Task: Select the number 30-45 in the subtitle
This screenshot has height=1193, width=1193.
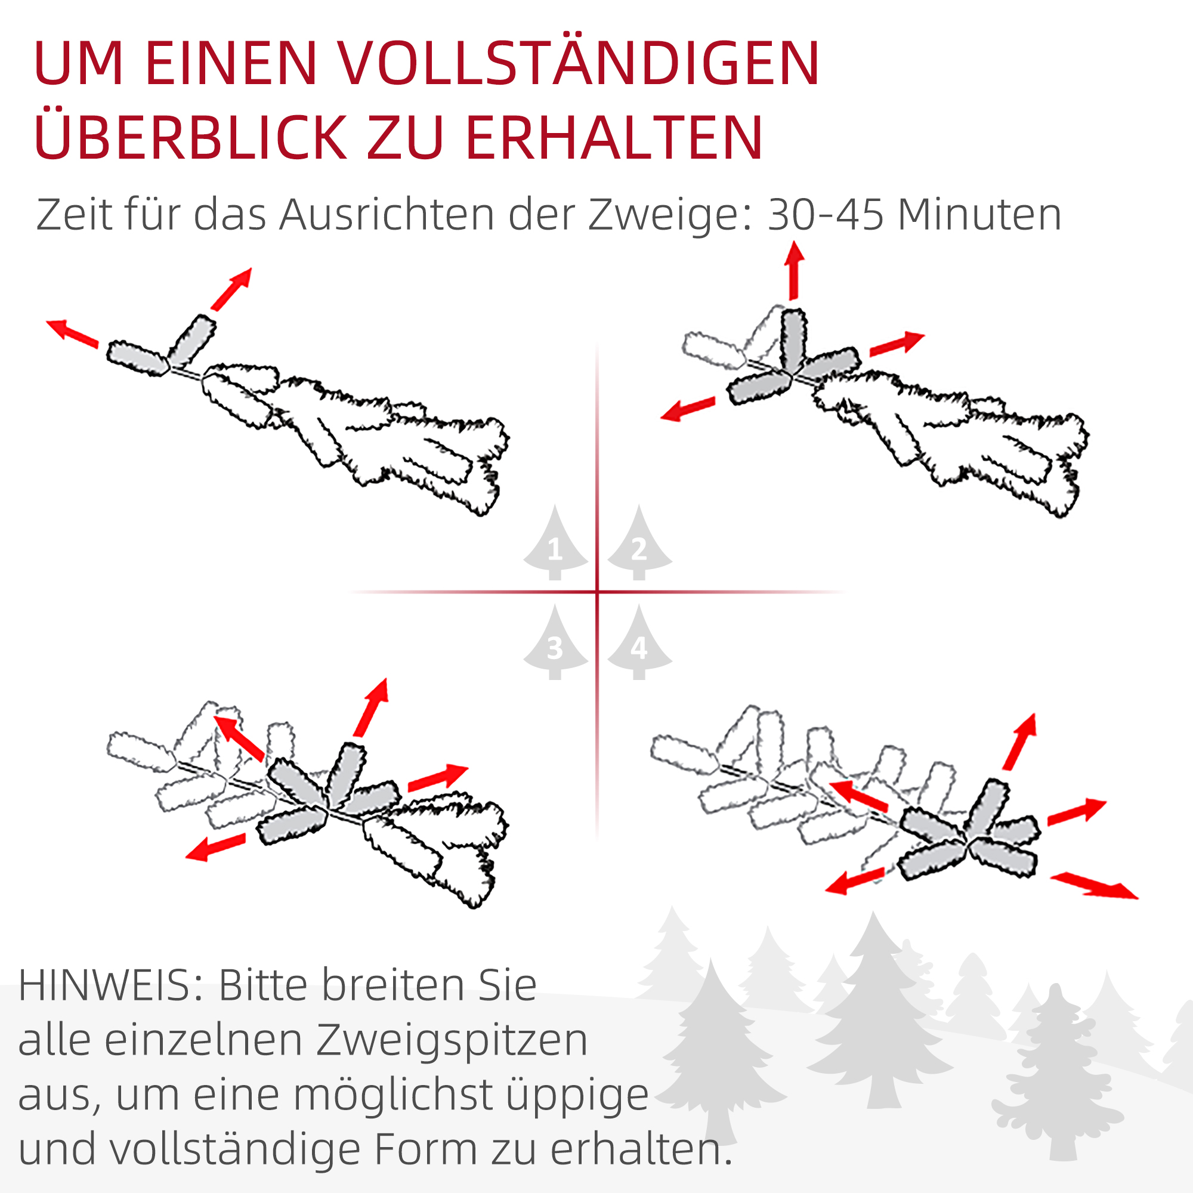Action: click(825, 215)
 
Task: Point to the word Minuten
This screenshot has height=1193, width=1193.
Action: click(979, 215)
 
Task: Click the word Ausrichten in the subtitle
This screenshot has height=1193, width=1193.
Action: click(387, 215)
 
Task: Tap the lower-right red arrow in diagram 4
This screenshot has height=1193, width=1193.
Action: click(1093, 885)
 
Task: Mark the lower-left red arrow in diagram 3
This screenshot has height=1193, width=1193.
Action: click(215, 847)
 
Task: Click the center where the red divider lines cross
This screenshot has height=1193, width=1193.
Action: click(597, 592)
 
